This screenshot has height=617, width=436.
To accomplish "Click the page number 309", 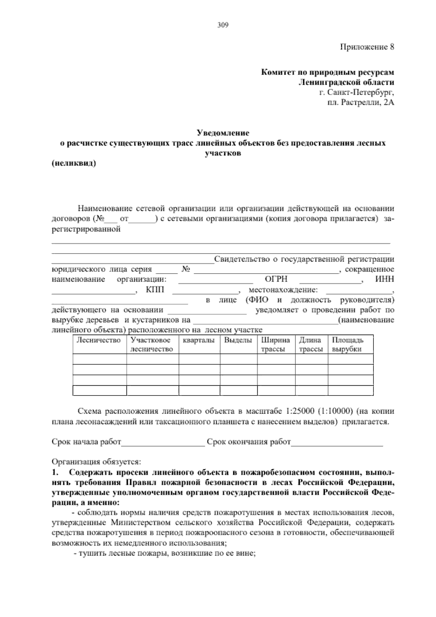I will click(222, 25).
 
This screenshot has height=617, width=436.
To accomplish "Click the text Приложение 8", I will click(367, 47).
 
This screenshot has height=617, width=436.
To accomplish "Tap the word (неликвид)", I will click(74, 163).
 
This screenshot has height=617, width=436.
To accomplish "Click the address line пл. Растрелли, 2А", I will click(360, 103).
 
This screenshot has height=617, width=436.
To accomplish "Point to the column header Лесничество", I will click(98, 341).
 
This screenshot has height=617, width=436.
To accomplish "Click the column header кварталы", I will click(199, 341).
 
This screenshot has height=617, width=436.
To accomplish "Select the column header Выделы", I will click(238, 341).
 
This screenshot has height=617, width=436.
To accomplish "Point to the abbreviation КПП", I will click(155, 290).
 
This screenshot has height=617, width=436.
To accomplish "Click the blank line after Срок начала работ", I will click(163, 442).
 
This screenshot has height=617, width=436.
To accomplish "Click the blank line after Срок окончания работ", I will click(337, 442).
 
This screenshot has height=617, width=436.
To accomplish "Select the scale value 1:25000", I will click(300, 412).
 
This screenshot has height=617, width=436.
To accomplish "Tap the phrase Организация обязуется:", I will click(96, 462).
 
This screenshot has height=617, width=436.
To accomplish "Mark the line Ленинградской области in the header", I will click(346, 82).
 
